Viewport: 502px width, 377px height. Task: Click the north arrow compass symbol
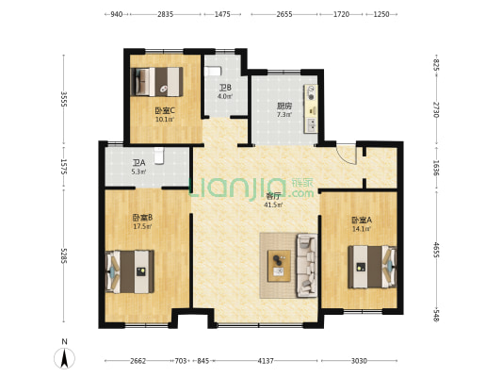click(x=64, y=357)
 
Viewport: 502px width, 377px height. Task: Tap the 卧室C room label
click(x=165, y=111)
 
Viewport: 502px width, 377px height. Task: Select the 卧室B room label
click(x=142, y=218)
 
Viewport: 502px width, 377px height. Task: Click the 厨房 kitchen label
click(x=284, y=106)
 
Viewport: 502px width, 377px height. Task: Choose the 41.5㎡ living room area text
click(x=273, y=205)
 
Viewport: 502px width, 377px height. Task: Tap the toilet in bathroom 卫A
click(x=159, y=156)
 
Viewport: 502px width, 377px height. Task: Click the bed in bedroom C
click(x=157, y=82)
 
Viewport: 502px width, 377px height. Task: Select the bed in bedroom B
click(x=130, y=271)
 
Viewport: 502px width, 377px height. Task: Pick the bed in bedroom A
click(x=372, y=267)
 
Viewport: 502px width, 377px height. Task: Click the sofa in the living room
click(x=307, y=266)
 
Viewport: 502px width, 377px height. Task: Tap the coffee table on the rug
click(x=279, y=266)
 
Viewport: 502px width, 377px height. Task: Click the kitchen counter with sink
click(x=311, y=108)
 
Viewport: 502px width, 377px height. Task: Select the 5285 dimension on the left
click(x=64, y=256)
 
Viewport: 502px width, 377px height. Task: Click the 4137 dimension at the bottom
click(x=266, y=361)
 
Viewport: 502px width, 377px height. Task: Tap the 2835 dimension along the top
click(x=165, y=14)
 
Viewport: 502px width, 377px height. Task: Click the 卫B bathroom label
click(x=225, y=88)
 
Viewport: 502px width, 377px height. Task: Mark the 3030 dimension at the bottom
click(x=359, y=361)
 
